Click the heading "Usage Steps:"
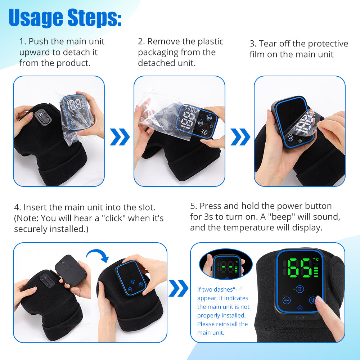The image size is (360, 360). (x=65, y=17)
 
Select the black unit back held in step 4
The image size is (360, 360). (x=71, y=270)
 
